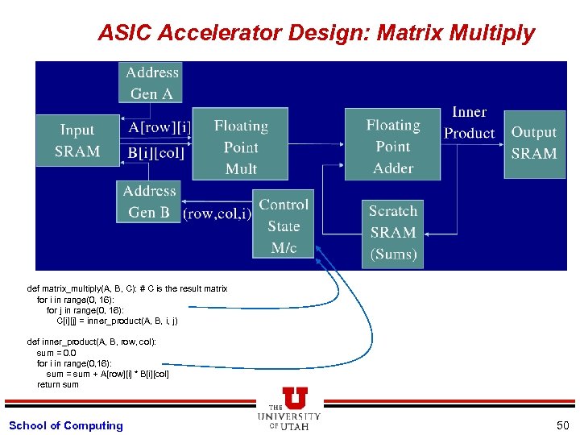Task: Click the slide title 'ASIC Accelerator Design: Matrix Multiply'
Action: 316,33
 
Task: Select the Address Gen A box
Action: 152,83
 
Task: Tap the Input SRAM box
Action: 77,141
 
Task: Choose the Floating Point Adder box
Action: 393,146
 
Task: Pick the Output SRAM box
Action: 533,143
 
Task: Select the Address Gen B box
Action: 150,201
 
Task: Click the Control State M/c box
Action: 284,226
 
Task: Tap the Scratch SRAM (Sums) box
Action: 393,233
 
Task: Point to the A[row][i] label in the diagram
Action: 160,127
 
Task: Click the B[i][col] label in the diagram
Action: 157,152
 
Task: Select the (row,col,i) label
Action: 217,214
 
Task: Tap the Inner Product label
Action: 470,122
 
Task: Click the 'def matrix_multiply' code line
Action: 127,288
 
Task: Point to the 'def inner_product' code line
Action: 92,342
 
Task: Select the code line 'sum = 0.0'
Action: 56,353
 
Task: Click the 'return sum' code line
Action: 58,384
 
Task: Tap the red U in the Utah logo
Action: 294,398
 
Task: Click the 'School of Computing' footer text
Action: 66,425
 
